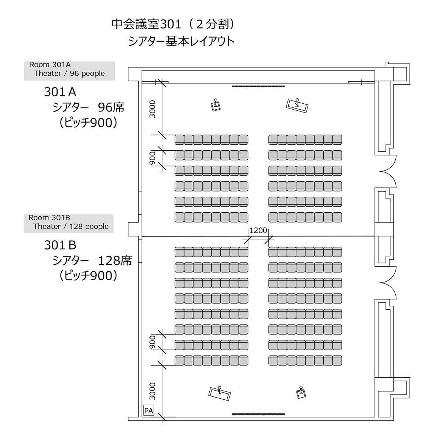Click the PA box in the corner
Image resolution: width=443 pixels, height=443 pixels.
coord(148,411)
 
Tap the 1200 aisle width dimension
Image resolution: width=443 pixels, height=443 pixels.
coord(258,230)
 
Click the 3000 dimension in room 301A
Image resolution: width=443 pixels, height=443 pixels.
coord(152,109)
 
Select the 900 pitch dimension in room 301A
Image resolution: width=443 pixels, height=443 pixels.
coord(152,158)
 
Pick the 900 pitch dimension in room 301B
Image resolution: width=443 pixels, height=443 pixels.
coord(152,342)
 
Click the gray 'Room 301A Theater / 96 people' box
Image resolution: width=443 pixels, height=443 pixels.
coord(70,71)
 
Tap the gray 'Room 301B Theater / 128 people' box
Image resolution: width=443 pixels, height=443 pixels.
coord(69,224)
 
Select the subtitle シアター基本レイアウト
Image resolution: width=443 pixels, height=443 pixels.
coord(181,42)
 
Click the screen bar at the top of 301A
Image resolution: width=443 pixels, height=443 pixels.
coord(258,86)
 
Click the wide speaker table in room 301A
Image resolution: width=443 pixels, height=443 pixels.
coord(297,106)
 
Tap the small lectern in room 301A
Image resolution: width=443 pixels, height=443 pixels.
coord(216,106)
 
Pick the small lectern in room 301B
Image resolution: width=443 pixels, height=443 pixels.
coord(301,392)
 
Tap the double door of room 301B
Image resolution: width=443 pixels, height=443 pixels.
coord(388,283)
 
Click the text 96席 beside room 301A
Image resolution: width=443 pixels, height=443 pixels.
coord(111,107)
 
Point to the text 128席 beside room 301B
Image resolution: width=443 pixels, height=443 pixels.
coord(115,261)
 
